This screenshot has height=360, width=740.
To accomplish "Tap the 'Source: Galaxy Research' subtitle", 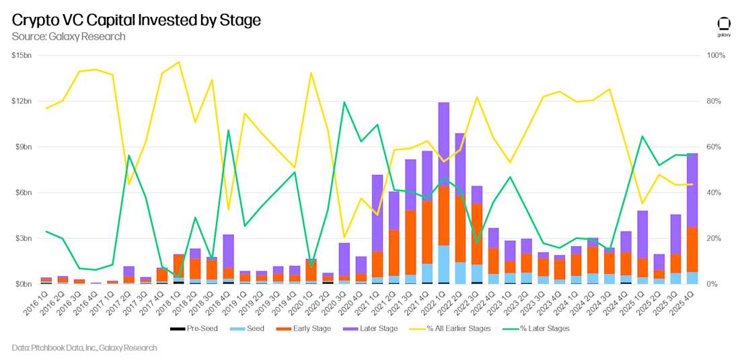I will (x=69, y=36).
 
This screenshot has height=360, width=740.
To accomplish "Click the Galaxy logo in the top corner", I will (x=724, y=25).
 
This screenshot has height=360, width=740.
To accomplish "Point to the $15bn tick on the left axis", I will (x=22, y=55).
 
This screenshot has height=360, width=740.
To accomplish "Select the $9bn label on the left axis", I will (x=23, y=147).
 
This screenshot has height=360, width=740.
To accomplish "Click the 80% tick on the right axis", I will (x=713, y=101).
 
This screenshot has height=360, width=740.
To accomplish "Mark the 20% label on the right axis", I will (x=713, y=238).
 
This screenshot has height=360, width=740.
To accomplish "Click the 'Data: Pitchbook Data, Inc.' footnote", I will (x=84, y=348).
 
